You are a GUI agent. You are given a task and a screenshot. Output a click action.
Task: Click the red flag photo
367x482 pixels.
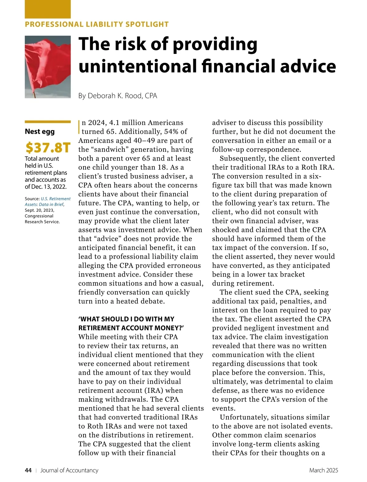pyautogui.click(x=48, y=67)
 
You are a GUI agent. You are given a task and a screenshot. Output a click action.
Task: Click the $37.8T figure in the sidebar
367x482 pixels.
pyautogui.click(x=48, y=148)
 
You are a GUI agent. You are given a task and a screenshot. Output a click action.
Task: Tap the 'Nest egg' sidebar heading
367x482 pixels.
pyautogui.click(x=40, y=132)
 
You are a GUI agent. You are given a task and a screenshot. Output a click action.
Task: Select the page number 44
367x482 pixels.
pyautogui.click(x=28, y=470)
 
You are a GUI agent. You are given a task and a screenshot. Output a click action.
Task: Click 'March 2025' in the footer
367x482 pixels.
pyautogui.click(x=324, y=470)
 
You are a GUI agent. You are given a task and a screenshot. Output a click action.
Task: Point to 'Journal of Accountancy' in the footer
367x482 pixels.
pyautogui.click(x=69, y=470)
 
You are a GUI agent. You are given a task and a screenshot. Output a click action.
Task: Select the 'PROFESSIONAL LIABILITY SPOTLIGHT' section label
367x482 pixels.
pyautogui.click(x=97, y=24)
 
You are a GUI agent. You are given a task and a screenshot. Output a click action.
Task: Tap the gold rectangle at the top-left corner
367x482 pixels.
pyautogui.click(x=48, y=9)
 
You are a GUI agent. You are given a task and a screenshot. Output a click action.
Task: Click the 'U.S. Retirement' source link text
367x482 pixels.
pyautogui.click(x=56, y=199)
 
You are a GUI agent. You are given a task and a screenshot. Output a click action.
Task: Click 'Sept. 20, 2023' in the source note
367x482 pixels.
pyautogui.click(x=39, y=210)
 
